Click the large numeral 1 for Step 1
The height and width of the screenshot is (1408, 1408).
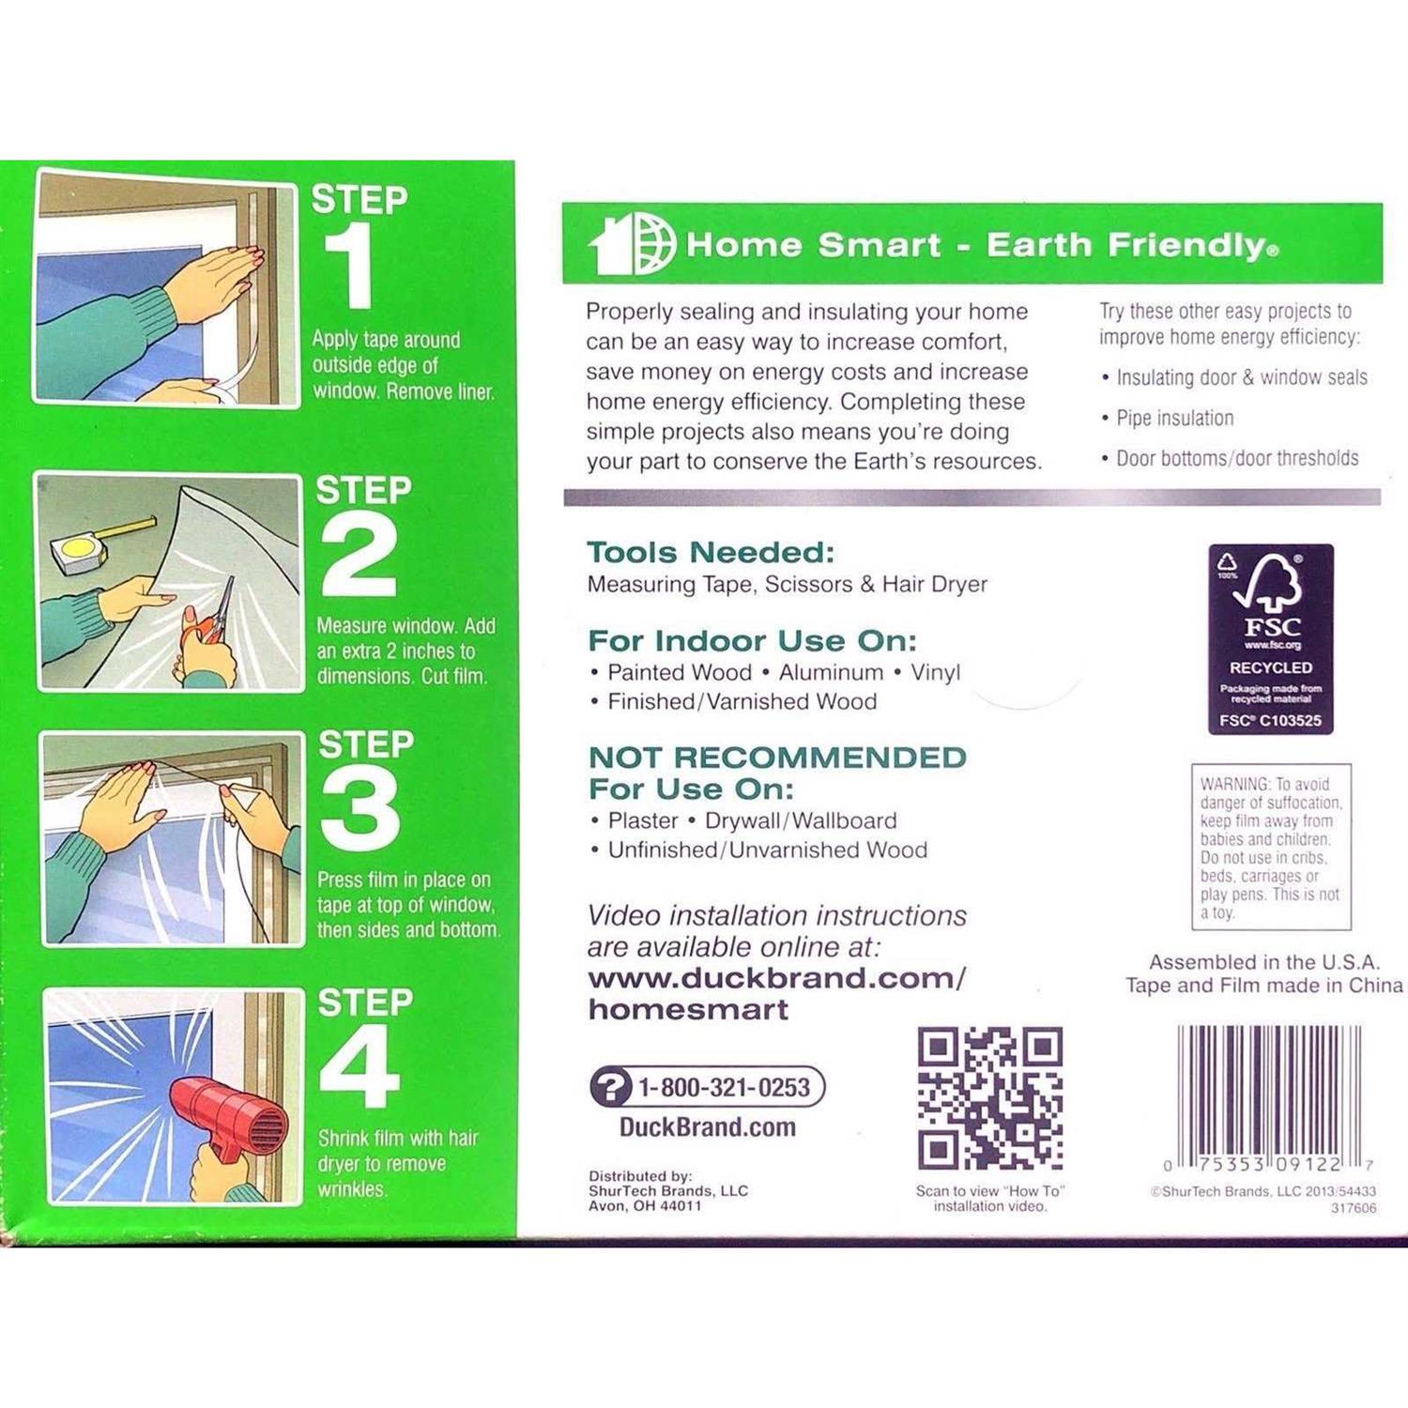point(349,269)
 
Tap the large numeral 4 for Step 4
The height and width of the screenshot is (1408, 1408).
point(360,1065)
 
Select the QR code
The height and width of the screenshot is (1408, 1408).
point(989,1098)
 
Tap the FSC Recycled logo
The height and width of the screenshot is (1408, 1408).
point(1270,638)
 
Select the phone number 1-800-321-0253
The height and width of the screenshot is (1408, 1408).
point(724,1087)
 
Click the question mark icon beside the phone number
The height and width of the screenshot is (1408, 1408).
point(611,1088)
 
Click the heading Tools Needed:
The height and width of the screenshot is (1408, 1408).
point(711,552)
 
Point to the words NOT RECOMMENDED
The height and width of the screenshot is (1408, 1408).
point(777,757)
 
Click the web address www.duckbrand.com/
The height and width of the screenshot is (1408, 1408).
point(776,978)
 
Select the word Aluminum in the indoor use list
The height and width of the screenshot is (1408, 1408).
point(831,672)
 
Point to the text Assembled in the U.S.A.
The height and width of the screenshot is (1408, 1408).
point(1263,962)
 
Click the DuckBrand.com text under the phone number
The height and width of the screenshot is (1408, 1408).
point(707,1126)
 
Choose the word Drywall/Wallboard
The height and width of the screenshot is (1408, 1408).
point(801,820)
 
